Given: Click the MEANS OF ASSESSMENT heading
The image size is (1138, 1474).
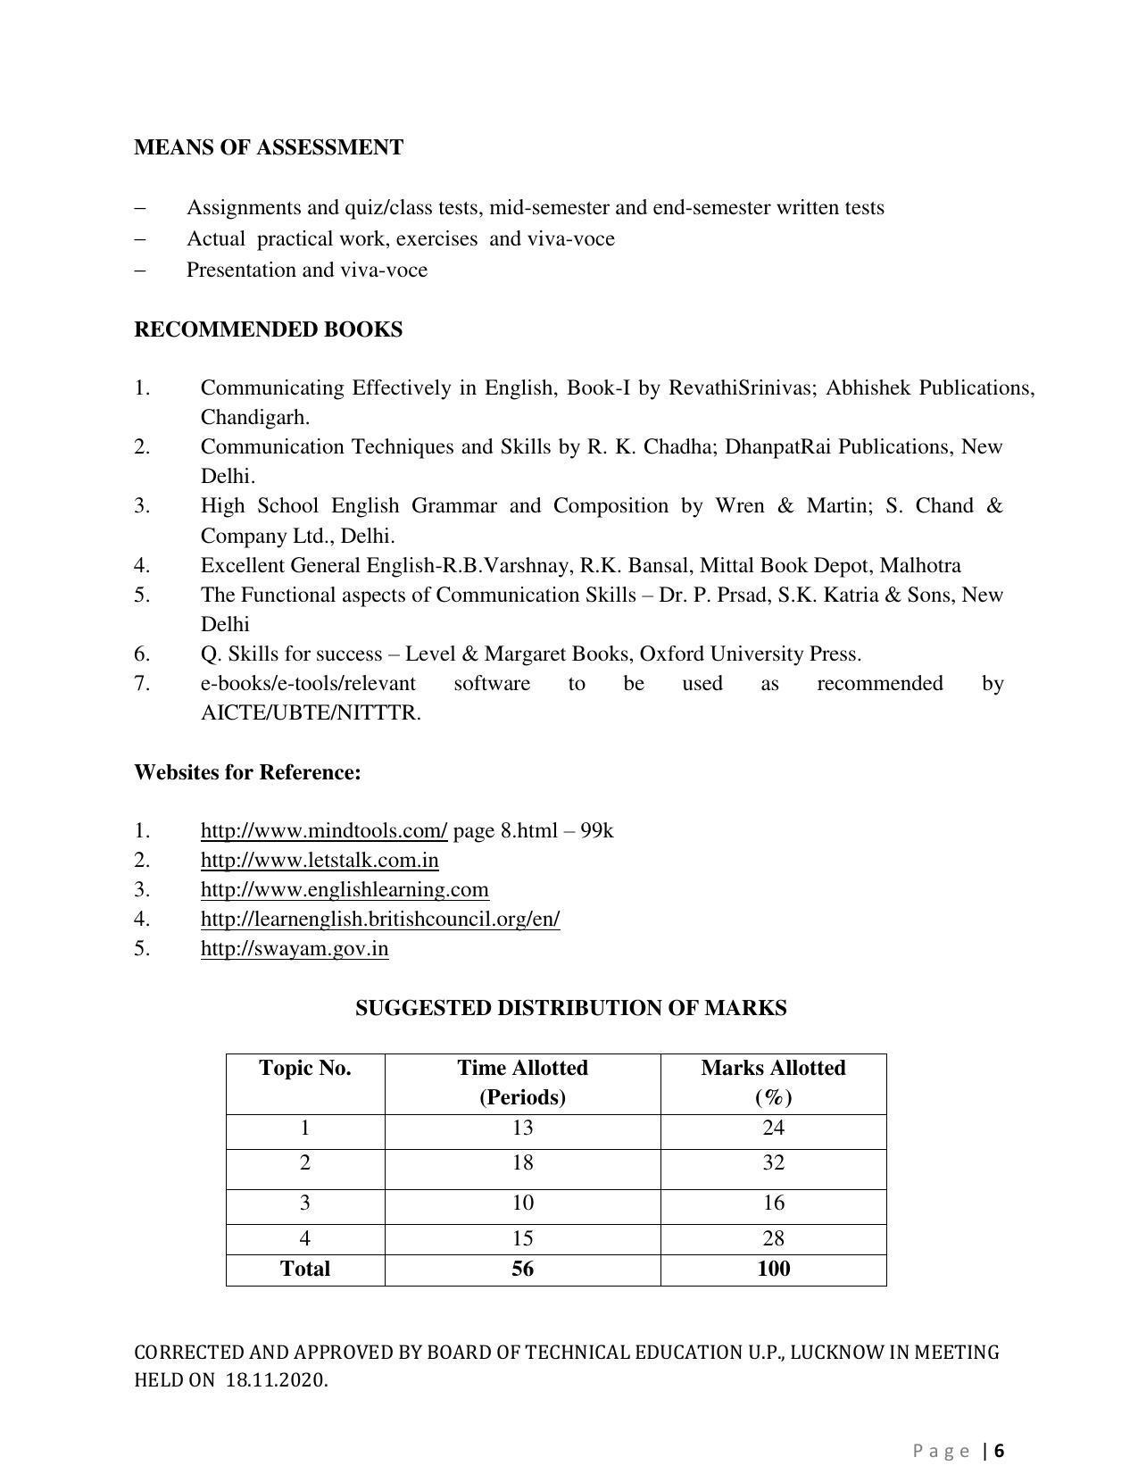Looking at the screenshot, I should coord(269,147).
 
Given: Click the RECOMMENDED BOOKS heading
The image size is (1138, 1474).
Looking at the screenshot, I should coord(268,329).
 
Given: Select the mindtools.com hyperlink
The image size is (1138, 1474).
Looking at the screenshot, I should coord(323,830).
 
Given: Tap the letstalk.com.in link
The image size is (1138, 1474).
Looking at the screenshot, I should coord(319,860).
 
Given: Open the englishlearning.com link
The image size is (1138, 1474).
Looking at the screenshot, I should coord(345,889).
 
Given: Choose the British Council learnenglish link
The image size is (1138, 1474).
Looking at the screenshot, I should coord(380,919).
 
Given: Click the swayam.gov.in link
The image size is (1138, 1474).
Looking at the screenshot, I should coord(294,948).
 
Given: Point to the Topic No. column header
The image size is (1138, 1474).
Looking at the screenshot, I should coord(304,1069).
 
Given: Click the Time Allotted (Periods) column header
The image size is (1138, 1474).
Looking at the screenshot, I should coord(522,1082).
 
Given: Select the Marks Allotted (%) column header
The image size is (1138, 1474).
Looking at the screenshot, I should coord(773,1082).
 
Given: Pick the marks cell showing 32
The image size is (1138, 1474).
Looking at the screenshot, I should coord(773,1162).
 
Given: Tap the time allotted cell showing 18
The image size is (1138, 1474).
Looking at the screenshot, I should coord(522,1162).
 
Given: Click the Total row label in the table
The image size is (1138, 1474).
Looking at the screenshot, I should coord(304,1269).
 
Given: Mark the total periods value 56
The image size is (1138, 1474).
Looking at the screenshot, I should coord(522,1269).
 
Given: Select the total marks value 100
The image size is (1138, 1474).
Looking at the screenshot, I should coord(773,1269).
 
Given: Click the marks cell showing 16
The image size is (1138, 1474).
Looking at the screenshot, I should coord(773,1203).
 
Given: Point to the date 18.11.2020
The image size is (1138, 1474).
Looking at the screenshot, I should coord(276,1380).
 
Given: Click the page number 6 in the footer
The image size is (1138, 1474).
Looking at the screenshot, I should coord(1000,1451).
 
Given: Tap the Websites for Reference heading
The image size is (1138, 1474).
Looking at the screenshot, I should coord(247,772).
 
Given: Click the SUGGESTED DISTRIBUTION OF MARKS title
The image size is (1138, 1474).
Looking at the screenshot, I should coord(570,1008).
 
